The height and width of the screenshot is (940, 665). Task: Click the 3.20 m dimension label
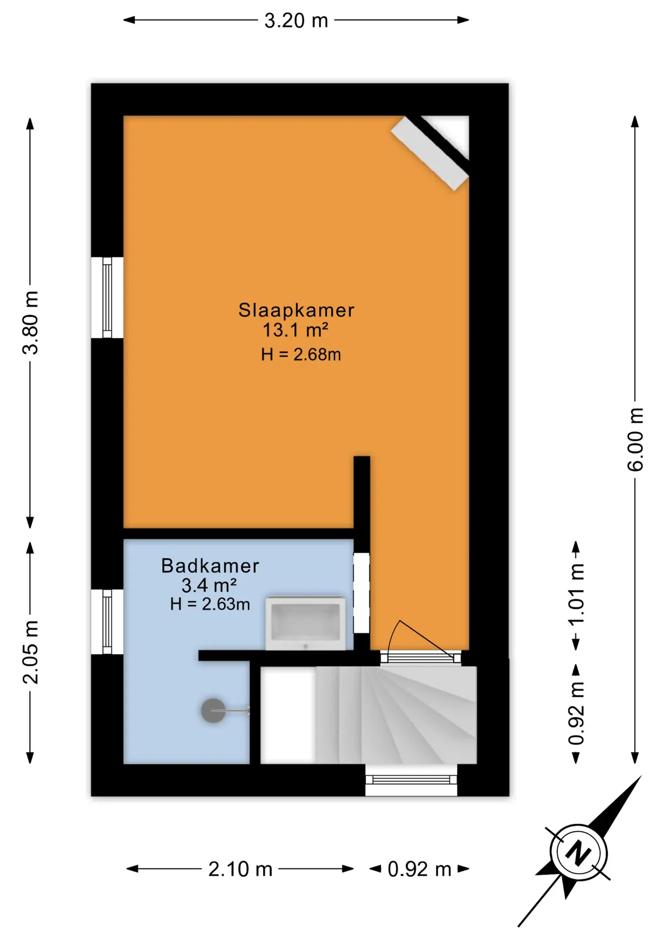[x=296, y=21]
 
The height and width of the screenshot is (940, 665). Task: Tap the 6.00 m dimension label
[x=635, y=439]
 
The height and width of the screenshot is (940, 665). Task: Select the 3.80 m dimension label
[x=30, y=322]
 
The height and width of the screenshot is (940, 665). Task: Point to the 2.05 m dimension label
[x=30, y=652]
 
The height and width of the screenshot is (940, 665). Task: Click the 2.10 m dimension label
[x=240, y=869]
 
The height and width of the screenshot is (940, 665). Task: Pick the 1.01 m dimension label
[x=576, y=593]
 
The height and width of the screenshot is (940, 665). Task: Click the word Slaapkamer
[x=296, y=310]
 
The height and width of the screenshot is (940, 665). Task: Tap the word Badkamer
[x=210, y=565]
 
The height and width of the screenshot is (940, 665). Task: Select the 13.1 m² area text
[x=295, y=330]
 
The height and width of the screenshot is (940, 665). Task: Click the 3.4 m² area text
[x=209, y=585]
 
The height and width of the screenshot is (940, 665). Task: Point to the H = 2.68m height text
[x=301, y=354]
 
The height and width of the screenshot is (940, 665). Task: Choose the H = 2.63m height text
[x=210, y=604]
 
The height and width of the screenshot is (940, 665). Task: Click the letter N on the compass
[x=578, y=852]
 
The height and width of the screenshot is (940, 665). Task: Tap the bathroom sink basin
[x=305, y=623]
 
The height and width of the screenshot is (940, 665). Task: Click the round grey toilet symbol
[x=214, y=710]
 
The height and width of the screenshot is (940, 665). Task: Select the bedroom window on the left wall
[x=107, y=297]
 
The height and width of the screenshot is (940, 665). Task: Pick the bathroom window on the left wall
[x=107, y=622]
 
